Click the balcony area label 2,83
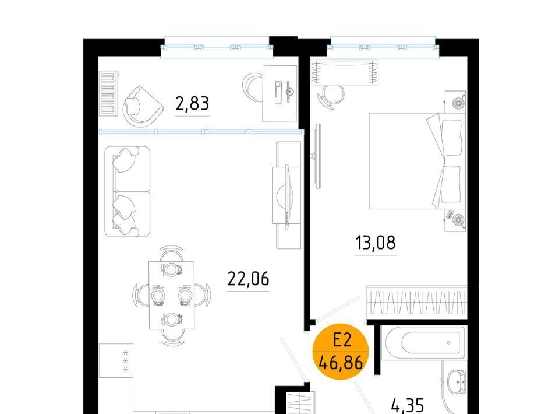[192, 104]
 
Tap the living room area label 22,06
[248, 278]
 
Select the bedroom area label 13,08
[376, 243]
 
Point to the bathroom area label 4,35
[408, 406]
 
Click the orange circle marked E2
[341, 352]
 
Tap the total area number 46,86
[341, 363]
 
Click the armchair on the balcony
[142, 106]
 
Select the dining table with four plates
[171, 295]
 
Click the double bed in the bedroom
[417, 161]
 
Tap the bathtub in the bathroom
[423, 343]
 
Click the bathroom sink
[456, 383]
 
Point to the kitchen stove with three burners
[116, 360]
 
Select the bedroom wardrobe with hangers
[416, 302]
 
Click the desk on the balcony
[280, 93]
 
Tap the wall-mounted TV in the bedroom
[317, 156]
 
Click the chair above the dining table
[171, 254]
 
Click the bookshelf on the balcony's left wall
[109, 93]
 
